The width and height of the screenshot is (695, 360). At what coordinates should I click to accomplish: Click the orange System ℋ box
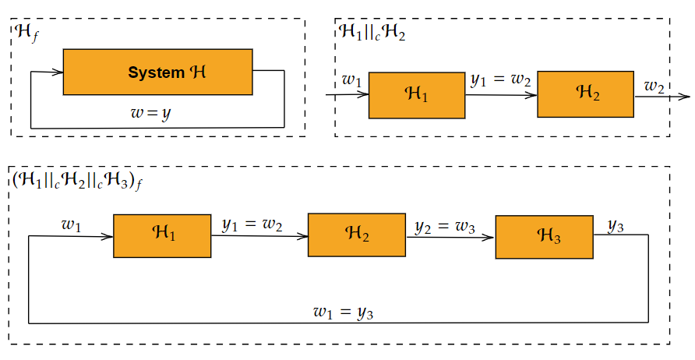[157, 72]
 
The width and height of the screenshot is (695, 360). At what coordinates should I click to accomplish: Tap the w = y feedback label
[150, 114]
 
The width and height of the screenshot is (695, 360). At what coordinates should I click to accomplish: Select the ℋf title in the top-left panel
[26, 33]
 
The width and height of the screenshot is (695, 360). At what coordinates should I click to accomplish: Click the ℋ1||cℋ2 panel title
[372, 33]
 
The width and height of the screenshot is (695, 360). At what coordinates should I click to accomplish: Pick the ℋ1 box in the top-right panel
[416, 95]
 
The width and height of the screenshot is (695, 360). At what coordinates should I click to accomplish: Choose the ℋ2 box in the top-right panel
[585, 94]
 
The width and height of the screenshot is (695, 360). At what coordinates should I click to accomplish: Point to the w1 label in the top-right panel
[352, 79]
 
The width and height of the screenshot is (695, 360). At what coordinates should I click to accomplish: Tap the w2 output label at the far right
[653, 86]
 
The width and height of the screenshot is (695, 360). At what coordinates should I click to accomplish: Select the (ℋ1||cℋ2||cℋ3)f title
[76, 179]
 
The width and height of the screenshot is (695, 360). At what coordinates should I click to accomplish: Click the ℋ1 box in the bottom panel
[162, 235]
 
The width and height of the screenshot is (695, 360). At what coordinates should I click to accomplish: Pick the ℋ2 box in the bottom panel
[357, 234]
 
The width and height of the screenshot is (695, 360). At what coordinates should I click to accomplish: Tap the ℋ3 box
[544, 236]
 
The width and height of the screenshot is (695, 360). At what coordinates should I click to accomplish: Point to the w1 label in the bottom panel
[71, 225]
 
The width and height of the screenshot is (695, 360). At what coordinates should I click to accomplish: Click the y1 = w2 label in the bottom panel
[252, 225]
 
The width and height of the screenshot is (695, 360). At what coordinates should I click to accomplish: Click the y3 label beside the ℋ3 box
[616, 226]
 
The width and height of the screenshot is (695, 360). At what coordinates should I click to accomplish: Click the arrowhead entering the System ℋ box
[58, 72]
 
